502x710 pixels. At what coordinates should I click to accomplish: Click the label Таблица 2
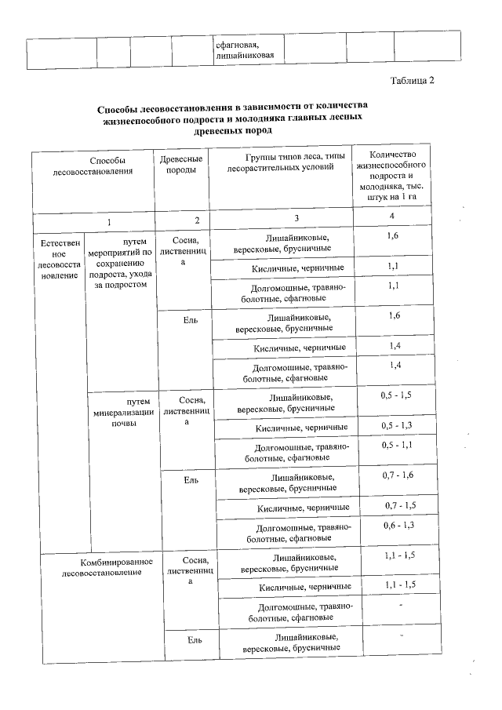coord(411,80)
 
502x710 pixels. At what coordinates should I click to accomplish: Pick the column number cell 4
coord(391,216)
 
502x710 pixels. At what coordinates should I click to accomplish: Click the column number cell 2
coord(197,219)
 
